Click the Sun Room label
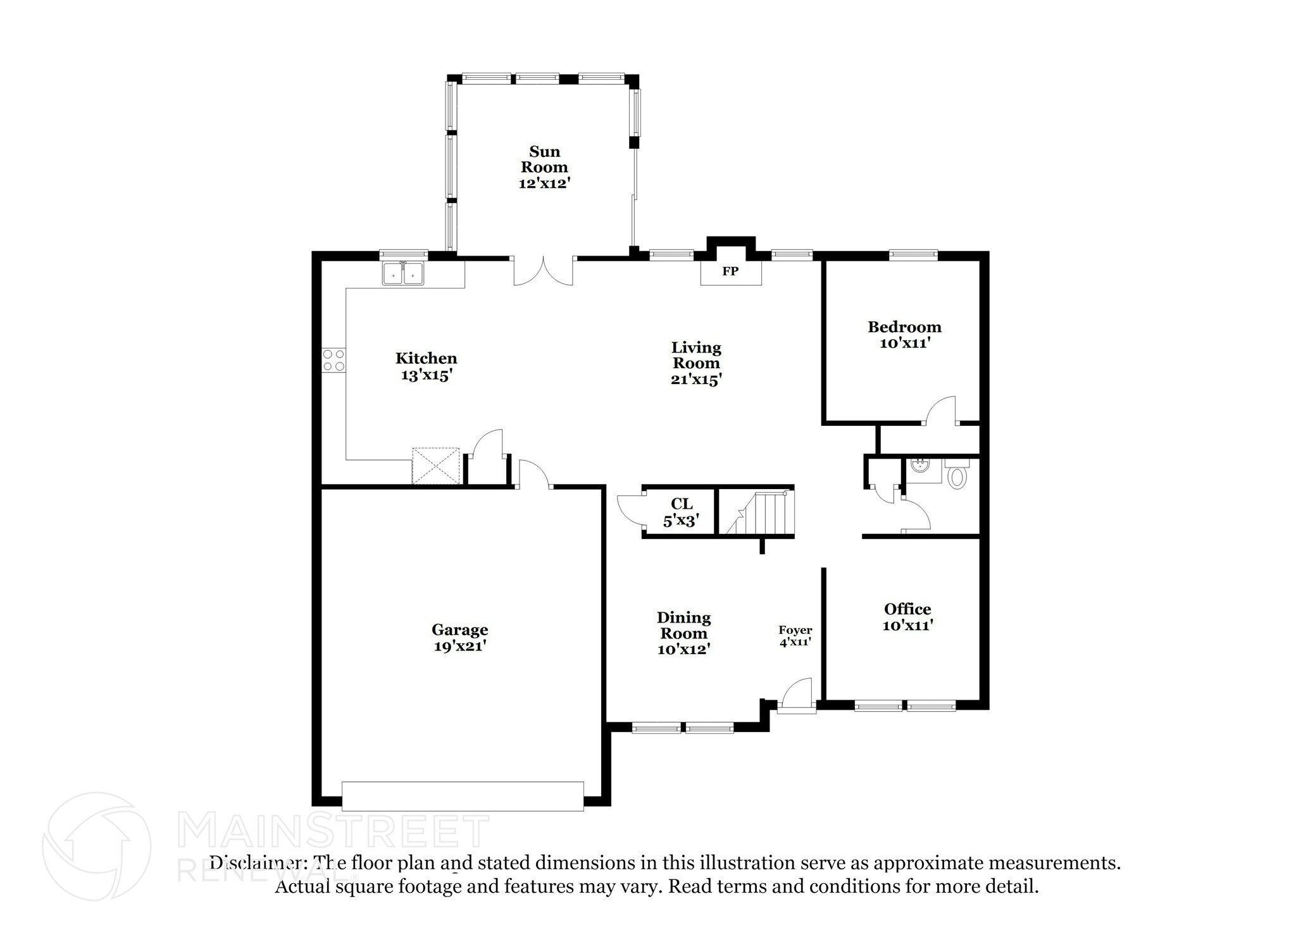pyautogui.click(x=544, y=159)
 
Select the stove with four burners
pyautogui.click(x=333, y=361)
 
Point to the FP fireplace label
pyautogui.click(x=730, y=272)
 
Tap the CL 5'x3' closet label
pyautogui.click(x=681, y=512)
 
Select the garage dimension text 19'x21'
pyautogui.click(x=459, y=647)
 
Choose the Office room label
pyautogui.click(x=907, y=609)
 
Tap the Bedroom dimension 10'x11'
pyautogui.click(x=904, y=344)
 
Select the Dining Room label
pyautogui.click(x=683, y=625)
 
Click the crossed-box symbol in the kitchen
pyautogui.click(x=435, y=466)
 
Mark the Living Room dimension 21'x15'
pyautogui.click(x=696, y=380)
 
